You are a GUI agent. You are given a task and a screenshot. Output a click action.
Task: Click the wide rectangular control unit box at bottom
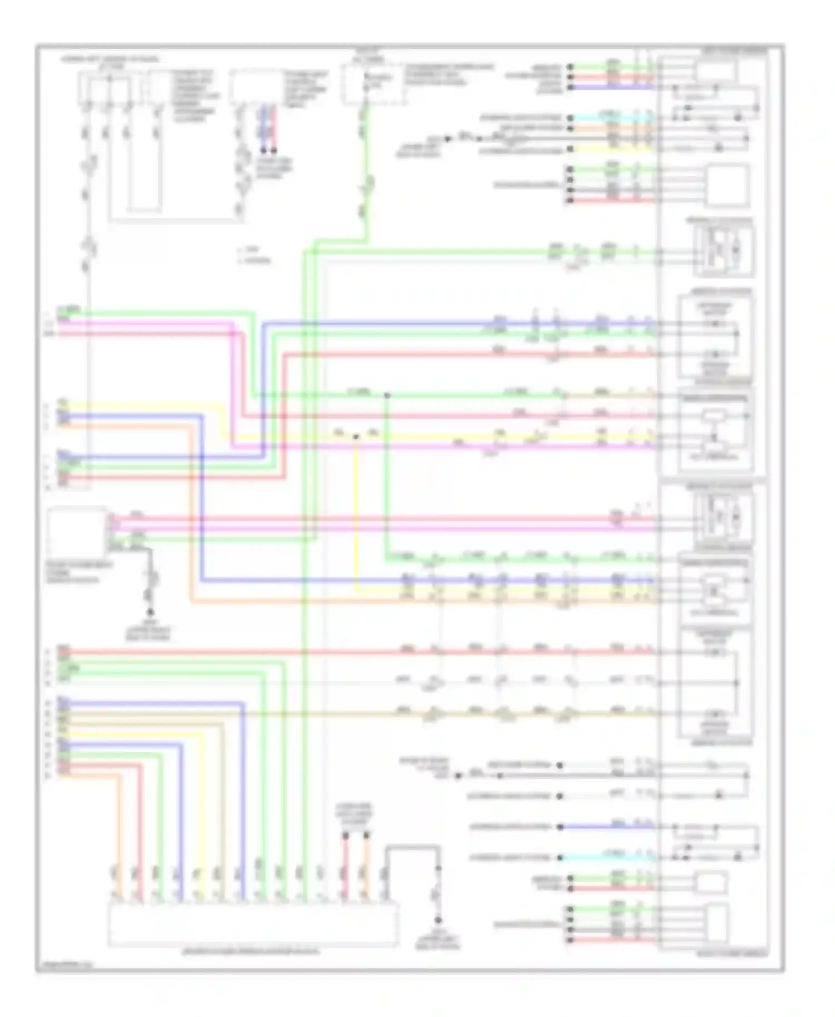point(253,924)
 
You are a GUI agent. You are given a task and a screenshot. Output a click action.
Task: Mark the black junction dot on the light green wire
point(387,395)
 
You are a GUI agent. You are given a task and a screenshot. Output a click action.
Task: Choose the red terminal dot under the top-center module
point(273,151)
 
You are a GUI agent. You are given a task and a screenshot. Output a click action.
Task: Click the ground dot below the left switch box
point(149,611)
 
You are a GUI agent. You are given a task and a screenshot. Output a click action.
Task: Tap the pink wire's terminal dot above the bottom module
point(345,835)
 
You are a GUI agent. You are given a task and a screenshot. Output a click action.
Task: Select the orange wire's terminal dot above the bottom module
point(366,835)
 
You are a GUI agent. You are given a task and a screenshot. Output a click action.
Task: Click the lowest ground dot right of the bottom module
point(438,920)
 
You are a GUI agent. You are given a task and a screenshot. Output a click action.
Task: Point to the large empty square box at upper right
point(727,185)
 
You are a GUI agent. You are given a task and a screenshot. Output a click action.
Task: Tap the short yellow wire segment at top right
point(612,149)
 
